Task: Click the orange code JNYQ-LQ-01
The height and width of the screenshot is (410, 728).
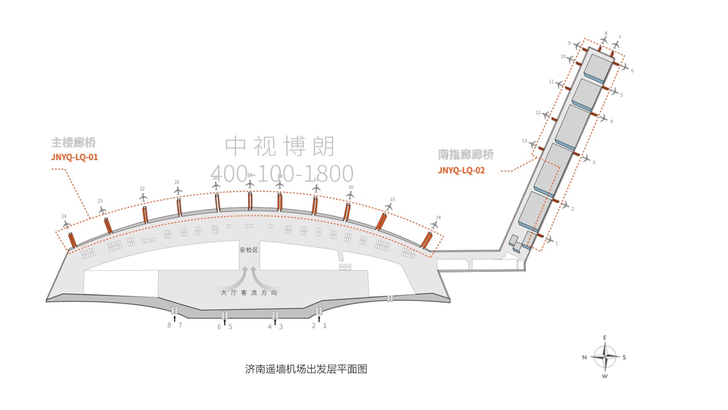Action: (74, 157)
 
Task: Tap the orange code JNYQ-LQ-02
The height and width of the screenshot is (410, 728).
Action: (461, 170)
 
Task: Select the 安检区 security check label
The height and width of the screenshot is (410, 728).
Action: (249, 250)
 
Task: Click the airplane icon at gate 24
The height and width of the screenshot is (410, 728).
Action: (66, 224)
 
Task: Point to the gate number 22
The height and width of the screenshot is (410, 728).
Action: (142, 189)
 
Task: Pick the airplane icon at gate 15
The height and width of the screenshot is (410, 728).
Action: (389, 207)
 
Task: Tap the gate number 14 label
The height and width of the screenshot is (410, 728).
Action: (438, 217)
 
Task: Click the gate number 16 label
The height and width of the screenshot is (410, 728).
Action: (351, 187)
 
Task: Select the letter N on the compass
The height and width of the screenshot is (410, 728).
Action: (585, 357)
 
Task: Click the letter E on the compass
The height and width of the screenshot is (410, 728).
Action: (605, 338)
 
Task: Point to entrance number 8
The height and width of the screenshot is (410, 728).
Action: (169, 325)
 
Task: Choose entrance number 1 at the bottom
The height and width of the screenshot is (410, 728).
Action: (325, 325)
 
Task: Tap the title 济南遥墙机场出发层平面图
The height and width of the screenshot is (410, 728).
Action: (306, 369)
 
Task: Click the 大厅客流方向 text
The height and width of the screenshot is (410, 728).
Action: (249, 293)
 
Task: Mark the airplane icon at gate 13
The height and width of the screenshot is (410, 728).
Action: (533, 145)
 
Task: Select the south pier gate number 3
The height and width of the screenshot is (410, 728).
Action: (594, 162)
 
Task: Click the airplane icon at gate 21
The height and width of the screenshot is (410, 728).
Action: (178, 190)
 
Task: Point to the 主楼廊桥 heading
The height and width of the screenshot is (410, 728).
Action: (73, 143)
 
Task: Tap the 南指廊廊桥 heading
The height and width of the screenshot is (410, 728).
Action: (466, 155)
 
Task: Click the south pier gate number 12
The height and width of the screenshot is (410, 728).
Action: (538, 113)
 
